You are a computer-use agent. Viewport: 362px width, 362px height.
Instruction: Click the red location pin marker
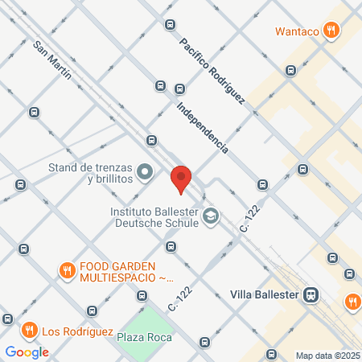click(182, 178)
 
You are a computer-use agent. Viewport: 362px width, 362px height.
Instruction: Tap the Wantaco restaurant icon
click(330, 31)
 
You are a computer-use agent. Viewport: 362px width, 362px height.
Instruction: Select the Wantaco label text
click(297, 32)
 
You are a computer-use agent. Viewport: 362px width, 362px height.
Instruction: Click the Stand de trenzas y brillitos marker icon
click(145, 171)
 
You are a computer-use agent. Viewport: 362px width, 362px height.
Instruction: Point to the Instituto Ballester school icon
click(210, 216)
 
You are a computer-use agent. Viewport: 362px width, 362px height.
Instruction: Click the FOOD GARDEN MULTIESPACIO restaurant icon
click(67, 269)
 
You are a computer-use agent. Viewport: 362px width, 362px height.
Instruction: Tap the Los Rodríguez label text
click(73, 330)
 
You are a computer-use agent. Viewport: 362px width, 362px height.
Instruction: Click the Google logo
click(27, 352)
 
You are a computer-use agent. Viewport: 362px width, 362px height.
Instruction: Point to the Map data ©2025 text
click(327, 356)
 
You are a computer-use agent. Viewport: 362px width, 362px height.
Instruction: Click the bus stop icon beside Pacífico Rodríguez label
click(169, 25)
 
